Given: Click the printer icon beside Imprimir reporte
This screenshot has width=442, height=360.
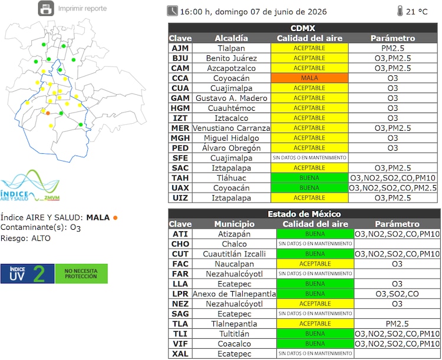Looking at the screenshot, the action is (46, 8).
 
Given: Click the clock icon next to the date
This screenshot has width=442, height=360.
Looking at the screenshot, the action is (172, 11).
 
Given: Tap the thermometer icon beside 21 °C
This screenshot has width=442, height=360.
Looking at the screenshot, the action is (400, 11).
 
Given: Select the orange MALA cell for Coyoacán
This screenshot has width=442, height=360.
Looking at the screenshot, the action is (309, 78).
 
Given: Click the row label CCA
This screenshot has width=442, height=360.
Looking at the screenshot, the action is (180, 78).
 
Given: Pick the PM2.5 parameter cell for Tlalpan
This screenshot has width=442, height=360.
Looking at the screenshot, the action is (392, 48).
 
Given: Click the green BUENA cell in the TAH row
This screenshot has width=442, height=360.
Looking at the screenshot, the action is (309, 178).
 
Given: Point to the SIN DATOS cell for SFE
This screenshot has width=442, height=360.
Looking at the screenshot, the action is (309, 158).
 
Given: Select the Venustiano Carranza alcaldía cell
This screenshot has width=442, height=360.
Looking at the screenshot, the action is (232, 128).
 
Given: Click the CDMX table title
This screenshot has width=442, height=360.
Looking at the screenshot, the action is (303, 28).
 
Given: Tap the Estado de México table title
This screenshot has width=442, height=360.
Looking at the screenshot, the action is (304, 214).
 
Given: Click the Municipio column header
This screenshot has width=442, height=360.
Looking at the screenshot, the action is (234, 224).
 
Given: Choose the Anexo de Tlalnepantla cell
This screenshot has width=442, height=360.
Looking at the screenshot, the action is (234, 294).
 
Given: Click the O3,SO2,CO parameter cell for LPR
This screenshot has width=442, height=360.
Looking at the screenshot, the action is (397, 294).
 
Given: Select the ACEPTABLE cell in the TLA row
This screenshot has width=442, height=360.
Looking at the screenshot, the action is (315, 323).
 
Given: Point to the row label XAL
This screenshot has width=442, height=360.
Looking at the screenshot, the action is (180, 354).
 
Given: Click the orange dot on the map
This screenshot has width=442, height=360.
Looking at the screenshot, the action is (48, 113).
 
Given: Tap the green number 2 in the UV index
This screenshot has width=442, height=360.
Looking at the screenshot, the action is (39, 274).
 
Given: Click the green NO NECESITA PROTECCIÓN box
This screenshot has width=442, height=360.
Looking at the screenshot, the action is (81, 274).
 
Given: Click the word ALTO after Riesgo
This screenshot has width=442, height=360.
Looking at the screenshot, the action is (41, 239).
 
